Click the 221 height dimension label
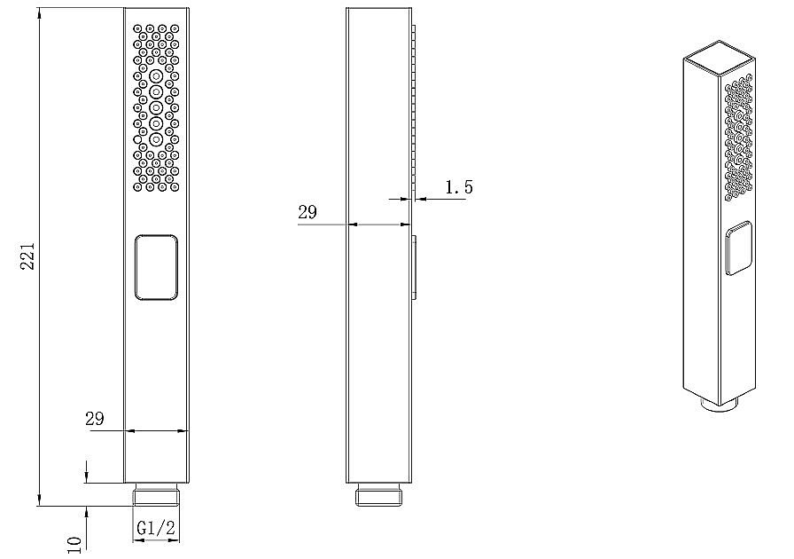coord(27,256)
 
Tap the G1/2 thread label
coord(156,528)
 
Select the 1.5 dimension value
coord(459,187)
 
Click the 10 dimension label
coord(74,546)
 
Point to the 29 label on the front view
coord(95,419)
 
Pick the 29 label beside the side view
coord(307,212)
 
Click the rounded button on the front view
coord(157,267)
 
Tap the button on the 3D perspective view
coord(738,248)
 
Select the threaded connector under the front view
coord(157,494)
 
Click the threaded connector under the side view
coord(378,494)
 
